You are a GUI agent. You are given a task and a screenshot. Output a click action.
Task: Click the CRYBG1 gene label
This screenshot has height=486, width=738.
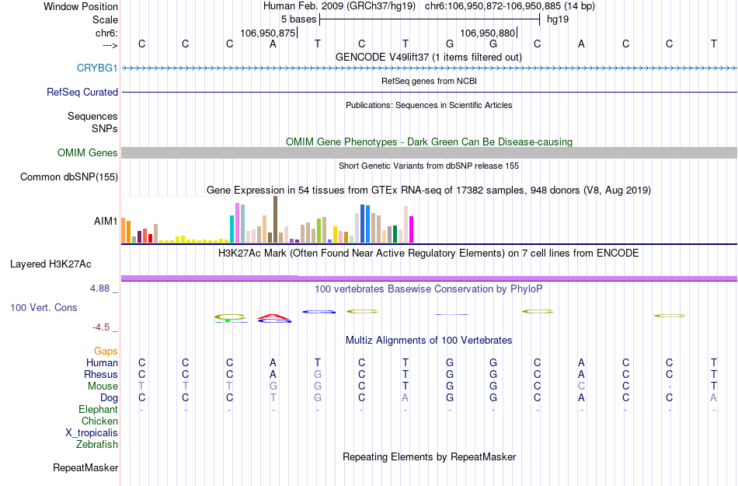click(97, 68)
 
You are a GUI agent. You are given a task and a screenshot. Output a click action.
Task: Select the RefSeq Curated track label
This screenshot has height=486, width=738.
click(82, 92)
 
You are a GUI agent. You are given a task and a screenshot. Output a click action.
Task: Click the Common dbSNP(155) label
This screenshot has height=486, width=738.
click(68, 177)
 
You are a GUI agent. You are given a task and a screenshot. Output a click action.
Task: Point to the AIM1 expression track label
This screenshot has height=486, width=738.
click(106, 222)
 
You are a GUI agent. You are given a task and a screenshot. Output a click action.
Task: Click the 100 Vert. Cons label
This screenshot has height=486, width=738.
click(44, 308)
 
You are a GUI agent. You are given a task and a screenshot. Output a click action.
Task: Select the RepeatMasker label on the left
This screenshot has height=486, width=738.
click(85, 468)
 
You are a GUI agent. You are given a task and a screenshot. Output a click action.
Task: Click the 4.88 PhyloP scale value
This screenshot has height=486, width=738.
click(103, 288)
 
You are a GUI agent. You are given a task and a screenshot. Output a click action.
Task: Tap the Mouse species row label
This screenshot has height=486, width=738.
click(103, 386)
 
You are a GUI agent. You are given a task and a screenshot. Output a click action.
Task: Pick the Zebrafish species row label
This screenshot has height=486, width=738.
click(97, 445)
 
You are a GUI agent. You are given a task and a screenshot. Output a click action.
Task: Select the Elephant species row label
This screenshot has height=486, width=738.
click(98, 410)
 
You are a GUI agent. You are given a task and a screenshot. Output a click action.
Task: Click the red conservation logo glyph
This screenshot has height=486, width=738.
click(273, 316)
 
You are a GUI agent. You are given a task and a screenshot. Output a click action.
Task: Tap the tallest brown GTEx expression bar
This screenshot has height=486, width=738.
click(275, 219)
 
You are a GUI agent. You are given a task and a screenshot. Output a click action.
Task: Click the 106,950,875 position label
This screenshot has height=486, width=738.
click(268, 33)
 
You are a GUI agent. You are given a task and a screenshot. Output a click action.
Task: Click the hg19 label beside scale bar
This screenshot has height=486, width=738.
click(557, 19)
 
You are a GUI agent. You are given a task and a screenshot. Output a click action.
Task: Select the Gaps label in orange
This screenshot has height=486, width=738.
click(106, 351)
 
